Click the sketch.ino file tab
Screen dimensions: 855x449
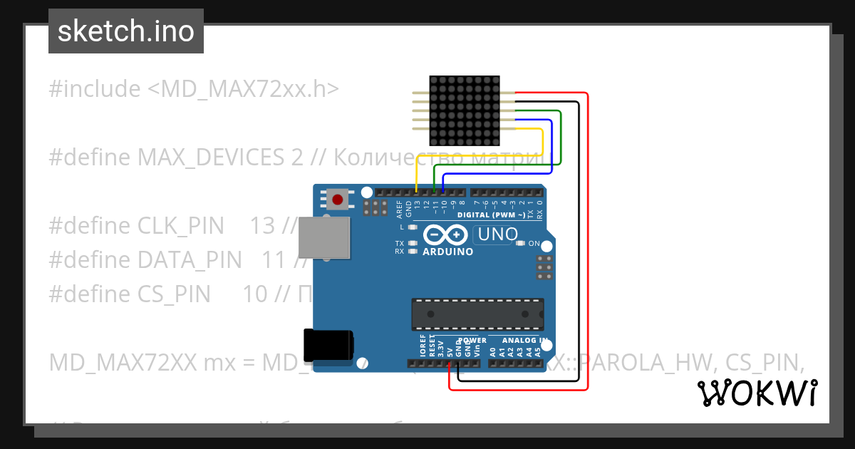click(126, 31)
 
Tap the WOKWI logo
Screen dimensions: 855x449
click(757, 393)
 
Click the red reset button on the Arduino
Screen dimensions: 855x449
click(338, 199)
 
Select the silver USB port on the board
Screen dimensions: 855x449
click(324, 237)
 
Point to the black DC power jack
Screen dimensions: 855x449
click(328, 346)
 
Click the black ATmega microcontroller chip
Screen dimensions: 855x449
click(477, 314)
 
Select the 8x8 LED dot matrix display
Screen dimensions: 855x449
click(464, 112)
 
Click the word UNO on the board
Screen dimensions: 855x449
click(497, 234)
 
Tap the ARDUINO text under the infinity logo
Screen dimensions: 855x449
click(447, 252)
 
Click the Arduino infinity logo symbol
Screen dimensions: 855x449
click(445, 234)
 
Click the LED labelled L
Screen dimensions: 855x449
click(413, 227)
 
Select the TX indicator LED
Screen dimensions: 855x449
click(413, 243)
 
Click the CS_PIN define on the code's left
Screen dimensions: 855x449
click(175, 294)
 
